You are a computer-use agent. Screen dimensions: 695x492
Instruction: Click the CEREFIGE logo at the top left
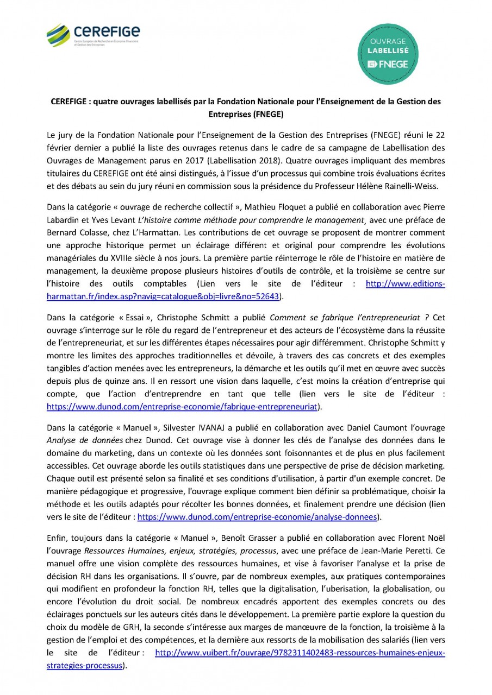pos(93,35)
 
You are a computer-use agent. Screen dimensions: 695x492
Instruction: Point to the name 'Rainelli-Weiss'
pos(419,186)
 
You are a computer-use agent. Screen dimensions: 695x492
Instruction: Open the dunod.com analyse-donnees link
pos(257,517)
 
